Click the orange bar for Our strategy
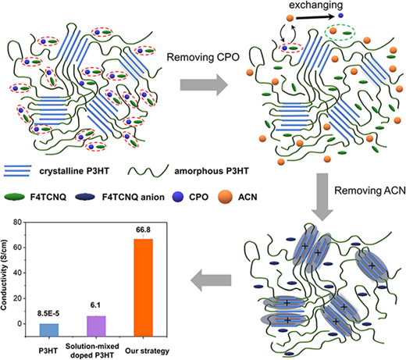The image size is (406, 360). pos(143,287)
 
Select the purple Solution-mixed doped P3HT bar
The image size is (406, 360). pos(96,326)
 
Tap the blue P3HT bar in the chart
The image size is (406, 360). pos(49,330)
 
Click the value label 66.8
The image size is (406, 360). pos(143,230)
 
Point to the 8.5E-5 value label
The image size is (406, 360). pos(48,314)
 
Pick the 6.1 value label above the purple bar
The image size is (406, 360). pos(95,305)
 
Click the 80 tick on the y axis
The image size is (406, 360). pos(18,223)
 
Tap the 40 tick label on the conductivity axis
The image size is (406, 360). pos(18,273)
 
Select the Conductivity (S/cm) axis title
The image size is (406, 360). pos(4,275)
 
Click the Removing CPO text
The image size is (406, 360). pos(203,57)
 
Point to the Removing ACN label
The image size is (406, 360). pos(370,191)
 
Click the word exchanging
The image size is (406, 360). pos(316,5)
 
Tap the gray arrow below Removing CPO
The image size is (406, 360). pos(204,85)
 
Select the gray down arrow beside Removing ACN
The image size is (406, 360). pos(322,197)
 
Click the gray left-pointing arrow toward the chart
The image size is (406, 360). pos(211,280)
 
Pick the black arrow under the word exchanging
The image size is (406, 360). pos(315,17)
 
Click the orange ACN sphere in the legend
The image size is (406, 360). pos(225,197)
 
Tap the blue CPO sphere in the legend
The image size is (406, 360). pos(178,197)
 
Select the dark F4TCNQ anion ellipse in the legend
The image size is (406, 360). pos(85,197)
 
